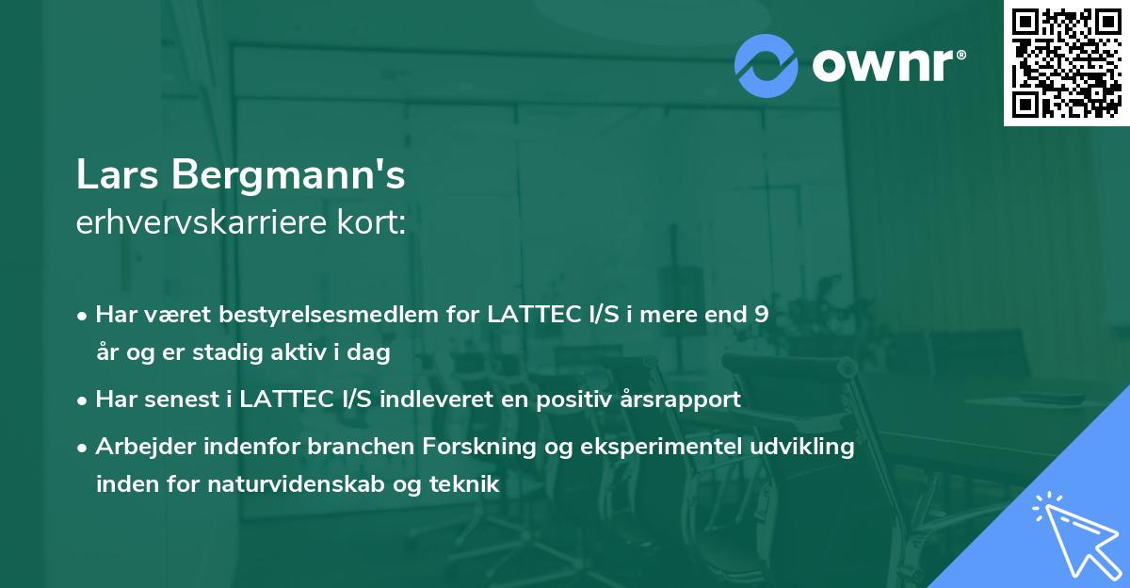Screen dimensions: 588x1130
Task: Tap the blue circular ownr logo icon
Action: (x=767, y=66)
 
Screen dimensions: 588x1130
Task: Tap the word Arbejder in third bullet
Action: (x=138, y=448)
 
